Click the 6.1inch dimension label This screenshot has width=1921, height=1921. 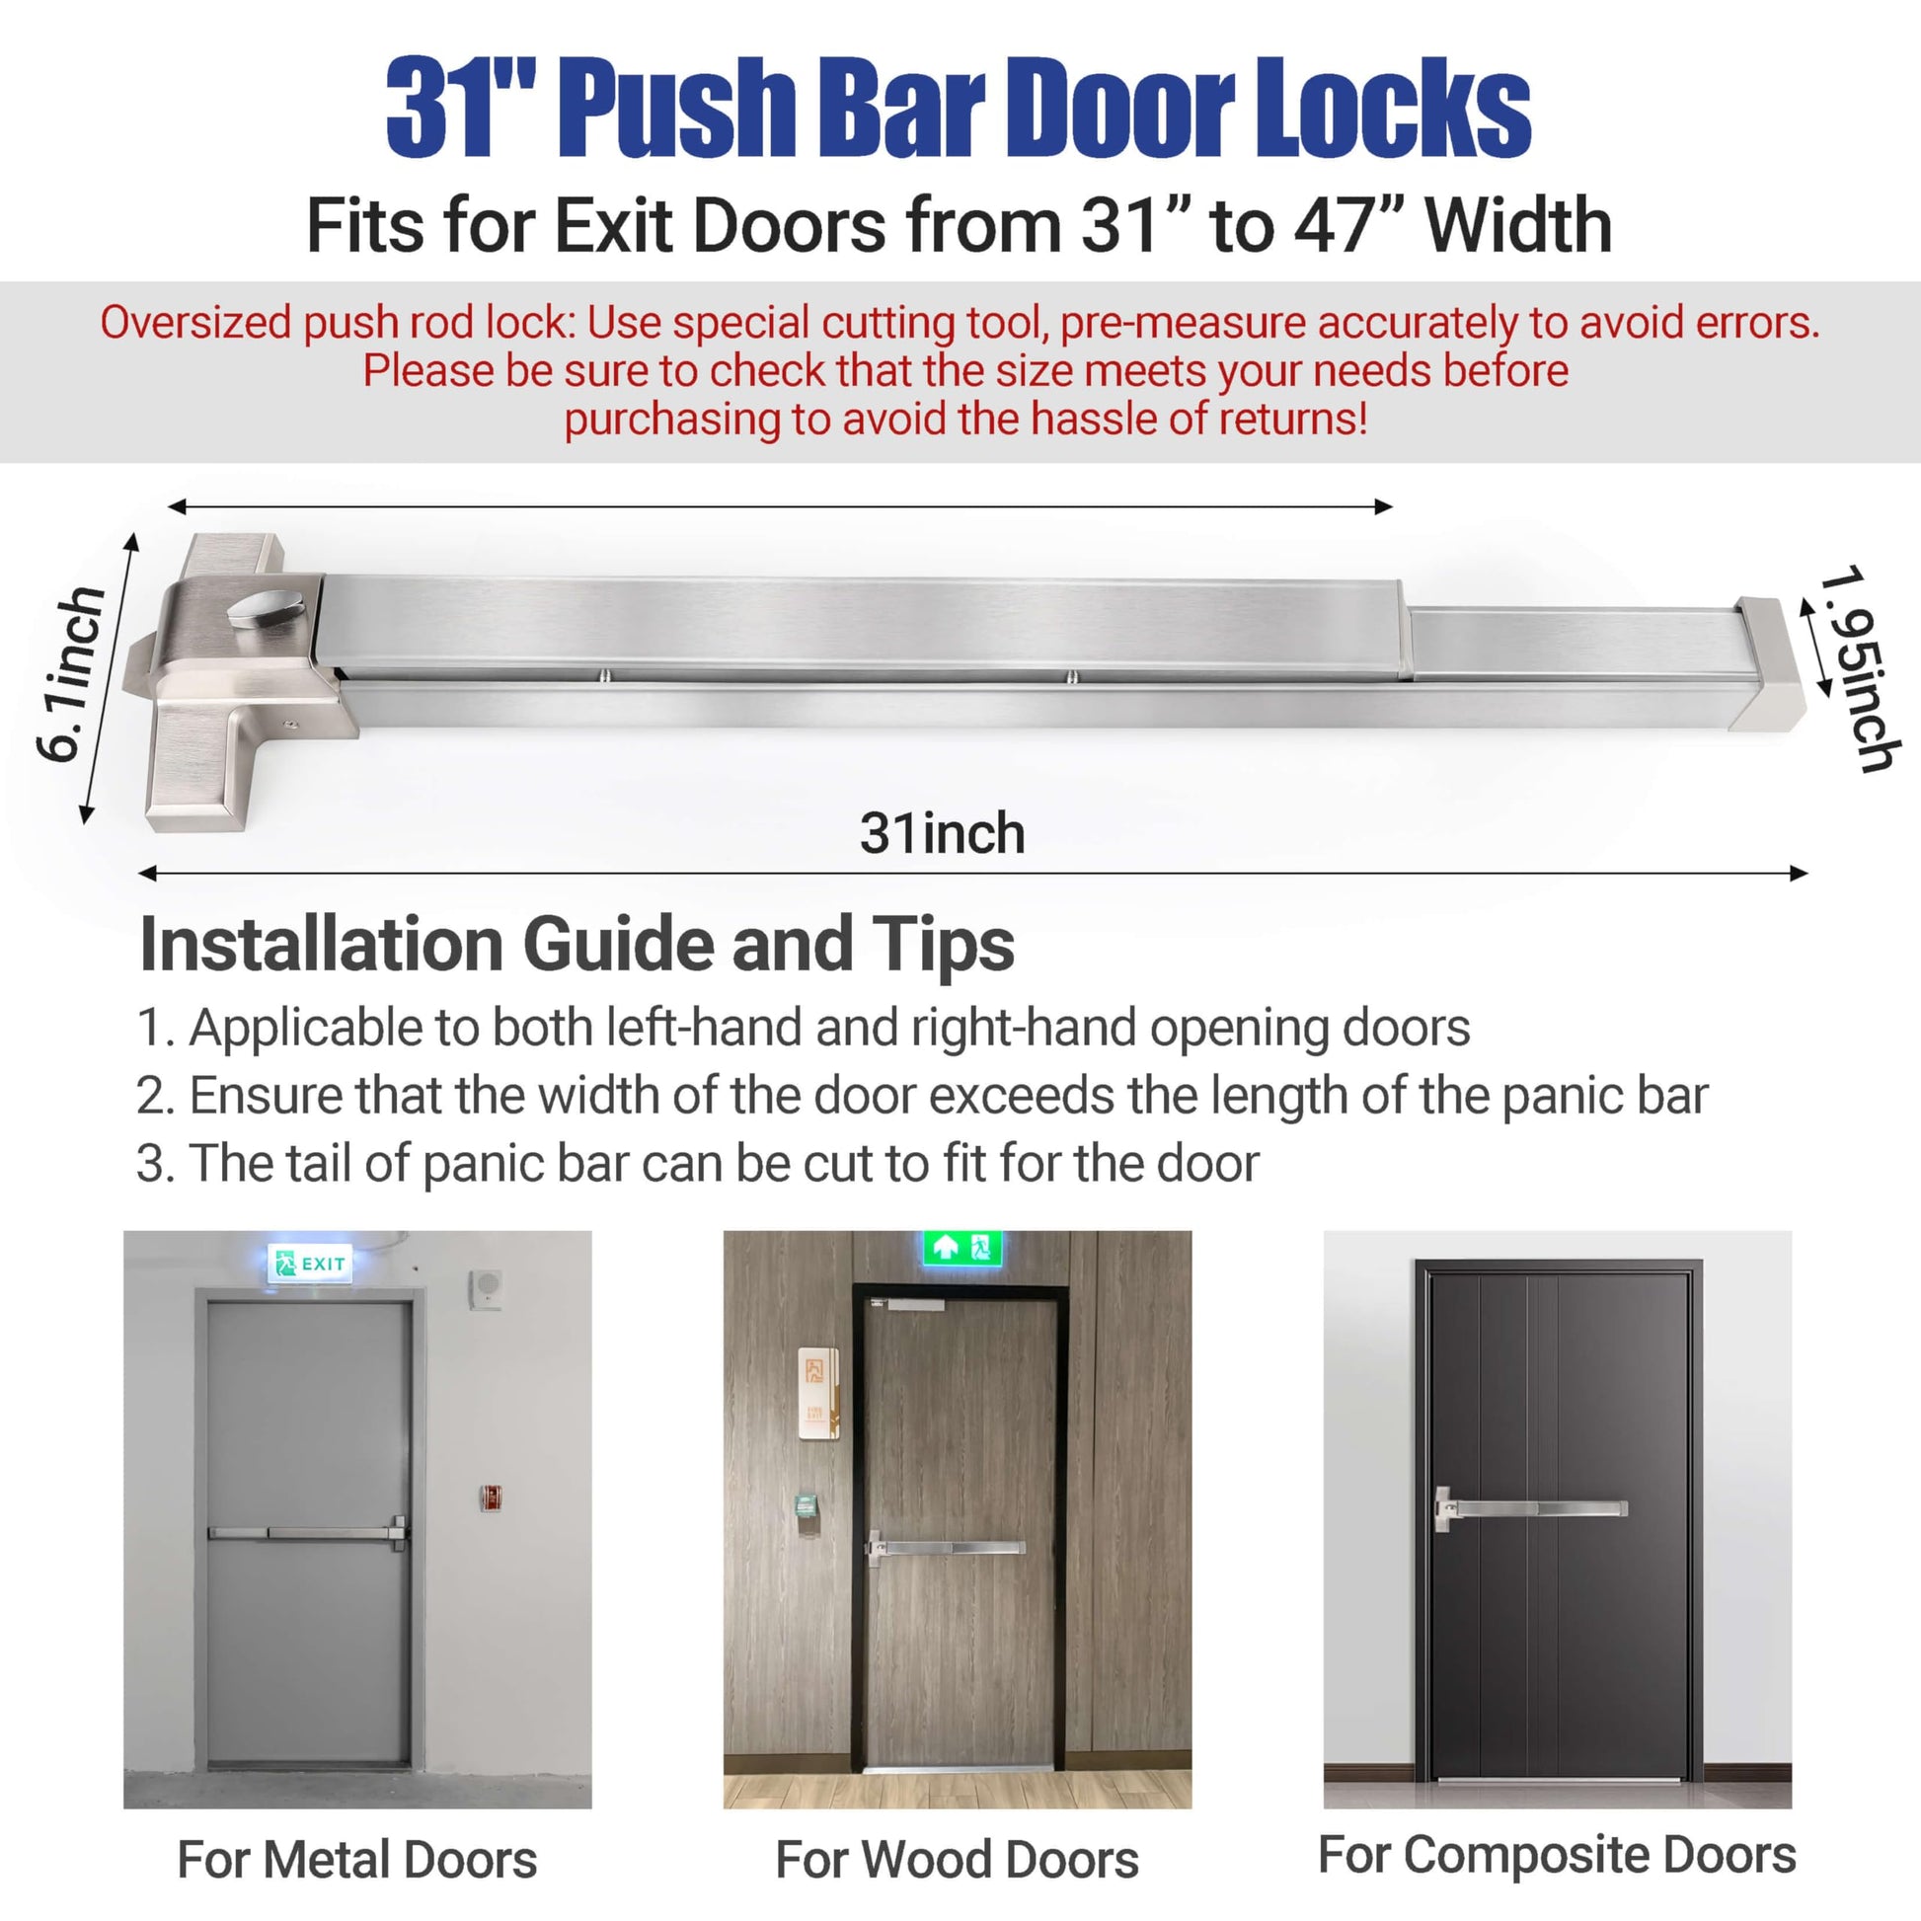[71, 674]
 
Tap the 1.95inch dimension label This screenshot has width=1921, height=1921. [1861, 668]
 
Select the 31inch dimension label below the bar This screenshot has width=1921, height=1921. [942, 833]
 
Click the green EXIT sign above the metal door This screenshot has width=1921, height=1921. [310, 1263]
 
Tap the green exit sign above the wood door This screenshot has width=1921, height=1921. [961, 1247]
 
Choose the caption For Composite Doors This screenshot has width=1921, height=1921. [1557, 1856]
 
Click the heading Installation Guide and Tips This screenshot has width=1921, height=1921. [576, 945]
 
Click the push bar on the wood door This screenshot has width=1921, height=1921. [946, 1547]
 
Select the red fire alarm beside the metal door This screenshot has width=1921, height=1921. [490, 1498]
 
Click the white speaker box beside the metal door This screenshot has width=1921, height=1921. [486, 1289]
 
